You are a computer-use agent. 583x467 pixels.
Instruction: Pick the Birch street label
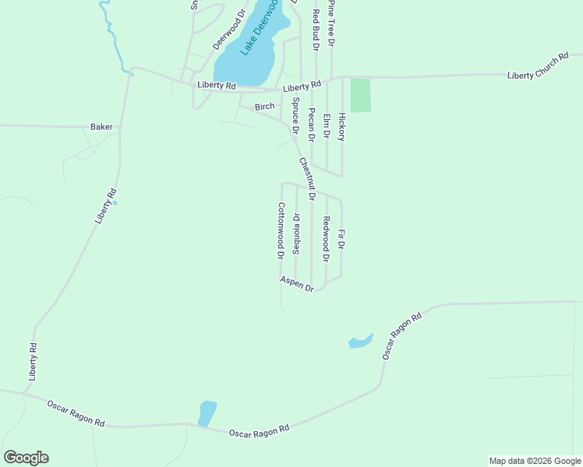pos(265,106)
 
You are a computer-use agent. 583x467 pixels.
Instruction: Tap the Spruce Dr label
pos(296,116)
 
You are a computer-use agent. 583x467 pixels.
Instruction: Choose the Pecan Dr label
pos(311,125)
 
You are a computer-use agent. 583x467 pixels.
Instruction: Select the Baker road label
pos(101,126)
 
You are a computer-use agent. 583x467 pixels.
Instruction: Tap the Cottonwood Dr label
pos(281,230)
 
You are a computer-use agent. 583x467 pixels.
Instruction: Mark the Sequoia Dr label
pos(296,233)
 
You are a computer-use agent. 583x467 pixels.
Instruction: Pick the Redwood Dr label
pos(327,238)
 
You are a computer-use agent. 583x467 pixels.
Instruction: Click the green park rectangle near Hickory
pos(360,95)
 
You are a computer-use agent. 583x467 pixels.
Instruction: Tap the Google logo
pos(26,458)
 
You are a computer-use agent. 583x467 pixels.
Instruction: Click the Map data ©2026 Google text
pos(535,461)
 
